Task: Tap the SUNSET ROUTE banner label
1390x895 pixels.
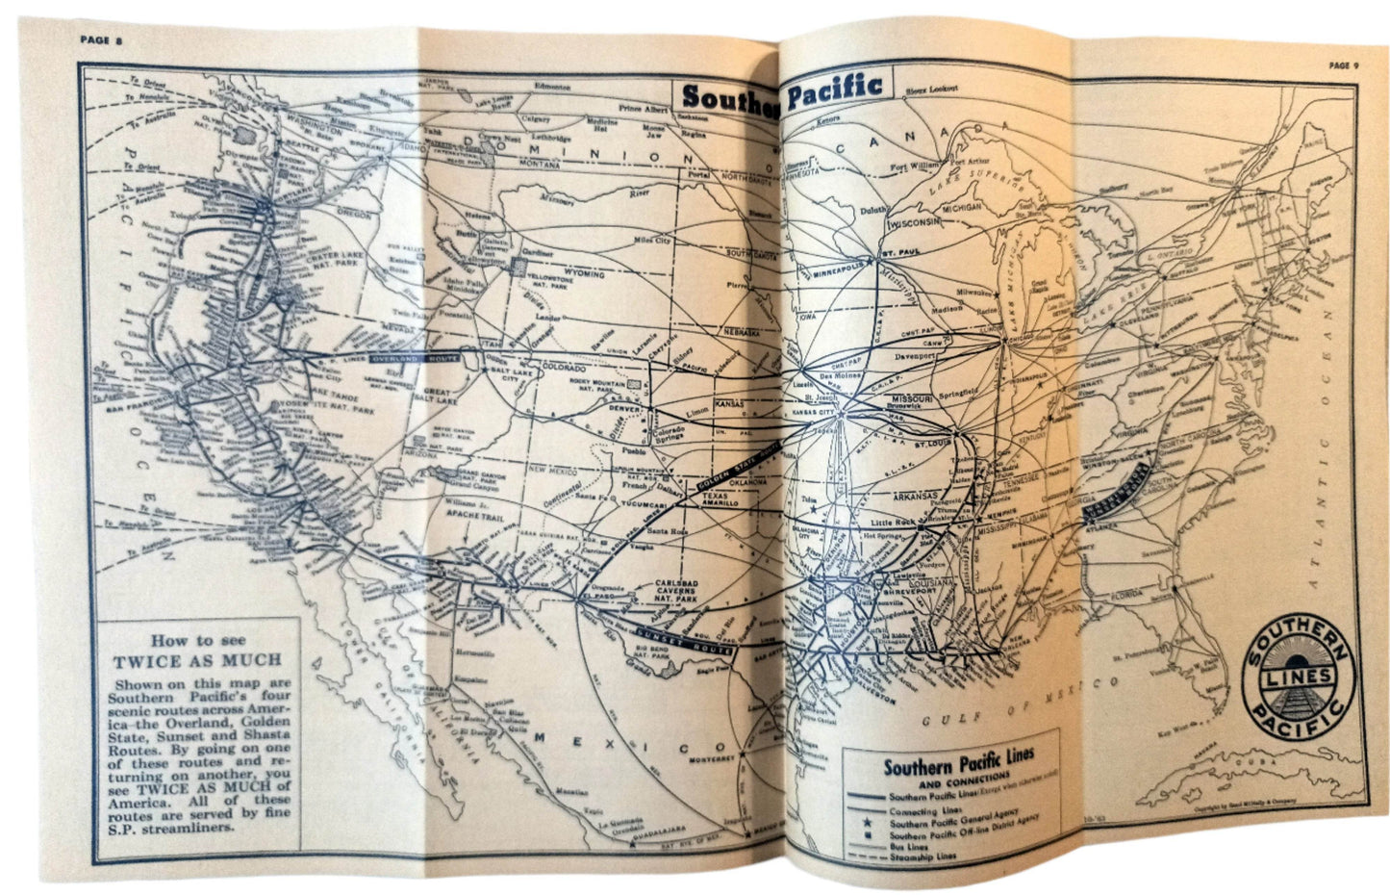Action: click(685, 639)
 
